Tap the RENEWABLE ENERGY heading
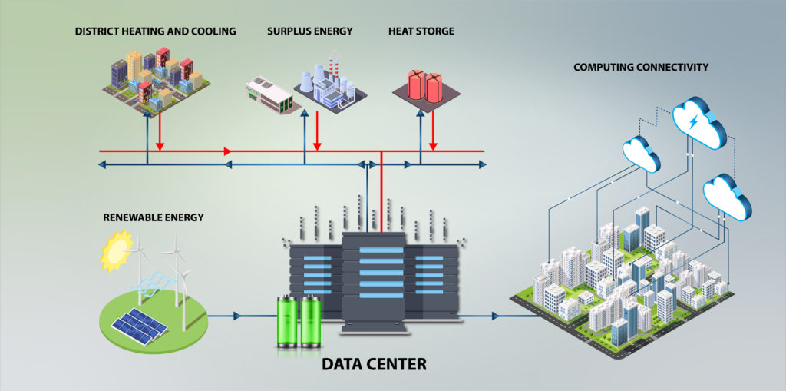(154, 217)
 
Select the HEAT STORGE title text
(421, 31)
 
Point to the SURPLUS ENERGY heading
(310, 31)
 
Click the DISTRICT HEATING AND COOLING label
(155, 31)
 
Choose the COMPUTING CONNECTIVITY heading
(641, 68)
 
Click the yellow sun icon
(117, 251)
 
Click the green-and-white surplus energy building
(269, 94)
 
